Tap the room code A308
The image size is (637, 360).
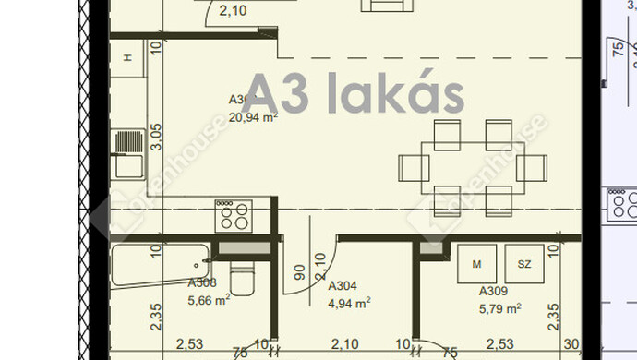click(x=202, y=284)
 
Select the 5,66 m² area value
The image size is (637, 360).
click(x=209, y=300)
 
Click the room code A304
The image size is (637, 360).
click(x=343, y=286)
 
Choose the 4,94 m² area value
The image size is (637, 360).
click(x=349, y=302)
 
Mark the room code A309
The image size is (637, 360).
click(x=493, y=291)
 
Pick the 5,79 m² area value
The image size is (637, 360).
click(x=499, y=307)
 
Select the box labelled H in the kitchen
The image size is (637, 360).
click(x=128, y=58)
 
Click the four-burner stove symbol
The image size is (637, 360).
click(x=233, y=216)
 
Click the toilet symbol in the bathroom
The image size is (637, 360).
click(x=240, y=277)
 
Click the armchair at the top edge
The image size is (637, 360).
click(x=387, y=6)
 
